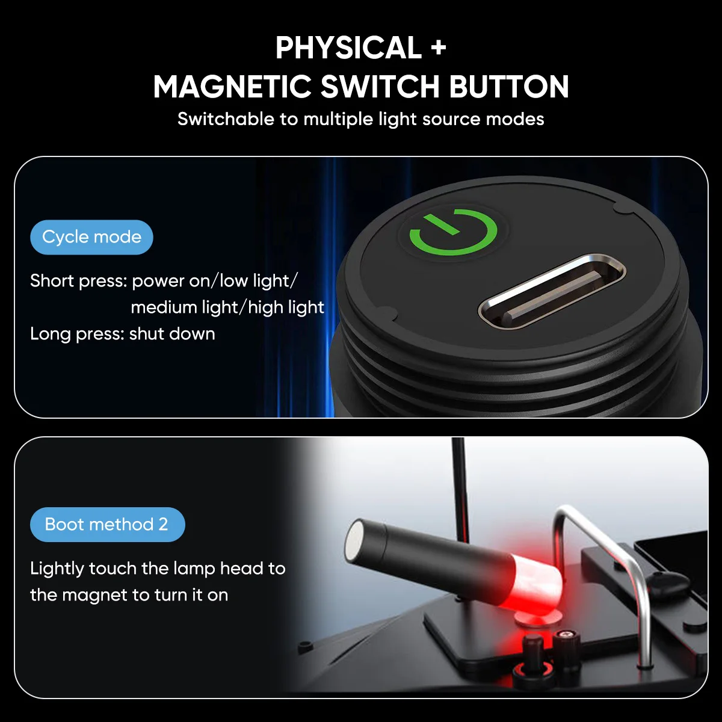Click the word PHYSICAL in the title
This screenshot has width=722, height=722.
point(348,48)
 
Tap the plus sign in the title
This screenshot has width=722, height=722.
point(438,49)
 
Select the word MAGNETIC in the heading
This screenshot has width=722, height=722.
point(232,87)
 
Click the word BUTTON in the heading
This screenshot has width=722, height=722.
point(509,87)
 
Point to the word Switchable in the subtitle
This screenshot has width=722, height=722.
point(226,119)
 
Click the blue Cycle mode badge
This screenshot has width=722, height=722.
point(91,237)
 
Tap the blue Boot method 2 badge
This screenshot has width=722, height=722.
point(107,525)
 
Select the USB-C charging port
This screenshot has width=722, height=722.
point(552,292)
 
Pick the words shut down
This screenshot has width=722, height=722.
point(172,334)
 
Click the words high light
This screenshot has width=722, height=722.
point(286,307)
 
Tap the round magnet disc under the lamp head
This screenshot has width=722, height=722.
point(538,617)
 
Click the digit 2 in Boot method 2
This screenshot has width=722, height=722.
point(163,524)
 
